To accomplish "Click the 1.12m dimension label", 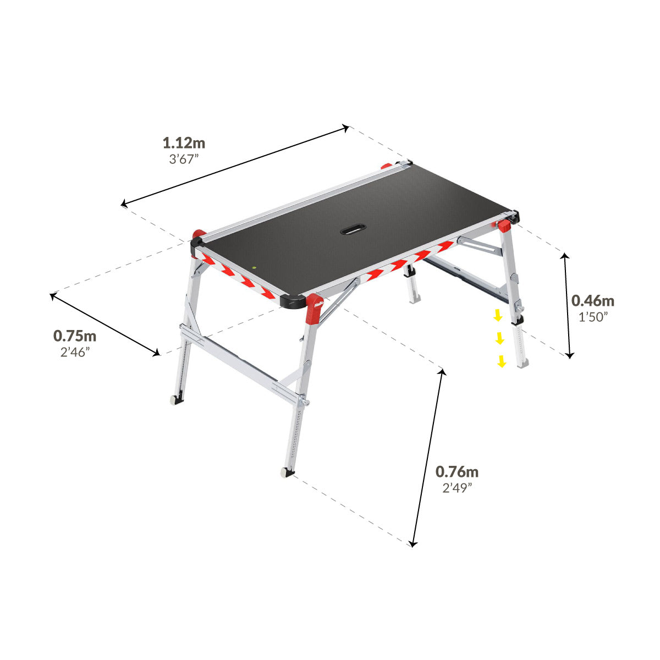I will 184,144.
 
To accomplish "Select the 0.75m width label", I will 75,335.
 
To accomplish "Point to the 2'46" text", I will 75,352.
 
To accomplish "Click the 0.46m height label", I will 592,301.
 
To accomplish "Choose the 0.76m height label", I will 457,472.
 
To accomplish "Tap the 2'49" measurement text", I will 457,488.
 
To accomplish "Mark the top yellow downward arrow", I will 497,315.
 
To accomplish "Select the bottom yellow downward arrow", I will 502,361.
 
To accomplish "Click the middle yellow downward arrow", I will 499,338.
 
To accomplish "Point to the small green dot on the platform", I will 254,268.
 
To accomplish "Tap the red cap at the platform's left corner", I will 197,235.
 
